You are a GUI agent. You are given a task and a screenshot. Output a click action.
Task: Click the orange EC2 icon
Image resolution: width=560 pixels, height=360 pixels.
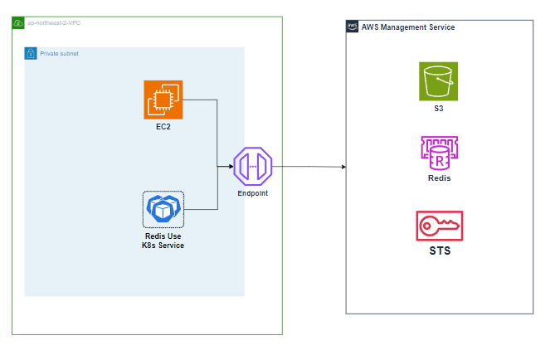(x=163, y=100)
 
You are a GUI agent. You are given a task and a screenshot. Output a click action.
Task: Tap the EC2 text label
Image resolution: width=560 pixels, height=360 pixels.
(x=163, y=128)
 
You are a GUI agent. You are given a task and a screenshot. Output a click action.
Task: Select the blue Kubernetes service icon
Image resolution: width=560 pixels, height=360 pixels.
(x=163, y=209)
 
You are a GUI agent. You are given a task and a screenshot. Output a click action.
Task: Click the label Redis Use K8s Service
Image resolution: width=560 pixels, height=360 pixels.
(x=163, y=241)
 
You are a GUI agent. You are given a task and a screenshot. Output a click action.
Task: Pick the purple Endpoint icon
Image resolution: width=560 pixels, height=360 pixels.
(x=252, y=166)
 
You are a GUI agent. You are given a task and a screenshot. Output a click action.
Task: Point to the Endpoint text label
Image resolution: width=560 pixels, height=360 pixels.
(x=252, y=192)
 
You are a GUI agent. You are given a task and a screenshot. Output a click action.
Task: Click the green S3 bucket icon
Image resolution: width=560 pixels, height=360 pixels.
(x=438, y=81)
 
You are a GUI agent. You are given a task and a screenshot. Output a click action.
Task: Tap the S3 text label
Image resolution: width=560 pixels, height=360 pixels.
(x=438, y=108)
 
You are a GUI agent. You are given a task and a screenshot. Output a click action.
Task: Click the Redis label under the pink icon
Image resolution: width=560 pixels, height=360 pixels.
(x=438, y=178)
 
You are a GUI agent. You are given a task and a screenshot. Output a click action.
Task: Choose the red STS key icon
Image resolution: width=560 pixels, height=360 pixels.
(x=439, y=226)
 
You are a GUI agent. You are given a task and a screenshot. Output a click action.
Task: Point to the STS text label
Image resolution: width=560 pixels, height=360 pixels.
(x=439, y=250)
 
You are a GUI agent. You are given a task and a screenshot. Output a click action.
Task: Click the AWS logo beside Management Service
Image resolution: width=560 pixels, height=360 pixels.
(x=353, y=27)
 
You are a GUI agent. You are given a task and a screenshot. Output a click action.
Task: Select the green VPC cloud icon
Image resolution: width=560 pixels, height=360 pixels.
(x=18, y=22)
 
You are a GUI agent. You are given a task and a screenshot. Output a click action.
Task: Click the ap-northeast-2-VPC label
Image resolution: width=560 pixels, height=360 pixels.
(x=55, y=22)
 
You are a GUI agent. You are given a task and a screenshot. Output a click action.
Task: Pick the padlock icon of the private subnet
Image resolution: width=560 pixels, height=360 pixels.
(x=31, y=53)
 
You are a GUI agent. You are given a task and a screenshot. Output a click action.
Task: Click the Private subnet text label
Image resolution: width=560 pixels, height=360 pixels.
(x=59, y=53)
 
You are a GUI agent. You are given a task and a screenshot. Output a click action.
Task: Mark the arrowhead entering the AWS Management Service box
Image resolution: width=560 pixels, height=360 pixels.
(x=343, y=167)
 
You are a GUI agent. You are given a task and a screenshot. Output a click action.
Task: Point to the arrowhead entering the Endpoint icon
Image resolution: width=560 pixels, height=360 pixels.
(x=231, y=166)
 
